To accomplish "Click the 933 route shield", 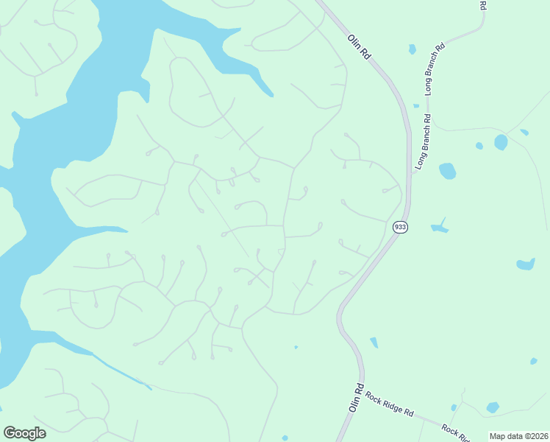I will tap(399, 227).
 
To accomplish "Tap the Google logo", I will tap(24, 433).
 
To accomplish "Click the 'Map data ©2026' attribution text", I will tap(518, 436).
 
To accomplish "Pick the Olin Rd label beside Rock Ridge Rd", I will tap(357, 398).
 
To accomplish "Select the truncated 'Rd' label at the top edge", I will tap(483, 4).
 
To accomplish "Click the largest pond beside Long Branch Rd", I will tap(447, 171).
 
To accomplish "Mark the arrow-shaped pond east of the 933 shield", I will tap(440, 227).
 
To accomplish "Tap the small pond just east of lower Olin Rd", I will tap(374, 342).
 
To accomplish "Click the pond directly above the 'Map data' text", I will tap(493, 407).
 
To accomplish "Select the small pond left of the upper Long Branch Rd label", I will tap(412, 49).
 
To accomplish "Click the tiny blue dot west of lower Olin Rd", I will tap(296, 347).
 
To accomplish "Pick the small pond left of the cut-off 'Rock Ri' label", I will tap(454, 407).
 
